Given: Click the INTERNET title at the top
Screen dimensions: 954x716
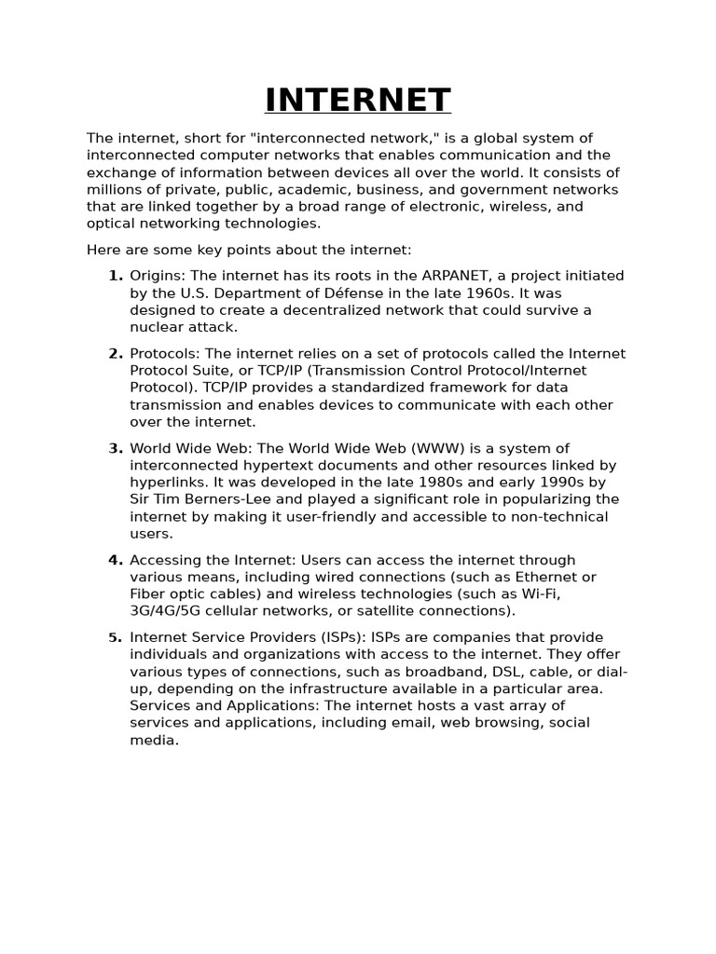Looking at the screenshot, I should coord(358,101).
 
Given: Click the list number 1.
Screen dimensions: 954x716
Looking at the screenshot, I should coord(116,276).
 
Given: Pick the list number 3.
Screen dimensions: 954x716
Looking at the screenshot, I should coord(116,448).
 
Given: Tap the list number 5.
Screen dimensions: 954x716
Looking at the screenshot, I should coord(116,637).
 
